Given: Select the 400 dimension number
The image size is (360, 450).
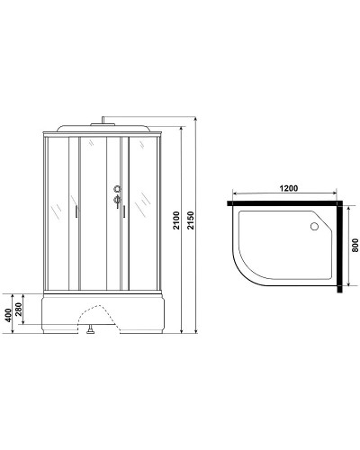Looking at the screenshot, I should tap(9, 314).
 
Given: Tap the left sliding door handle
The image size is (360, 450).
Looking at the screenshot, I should tap(78, 212).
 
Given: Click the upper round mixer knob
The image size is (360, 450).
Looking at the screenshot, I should tap(114, 189).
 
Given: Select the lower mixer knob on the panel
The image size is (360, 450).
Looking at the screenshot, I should tap(114, 202).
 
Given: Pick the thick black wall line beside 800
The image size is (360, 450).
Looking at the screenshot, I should tap(342, 247).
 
